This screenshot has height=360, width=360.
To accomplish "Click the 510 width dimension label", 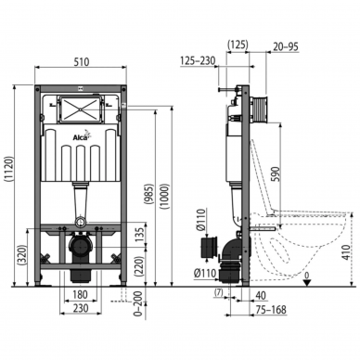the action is [x=82, y=61].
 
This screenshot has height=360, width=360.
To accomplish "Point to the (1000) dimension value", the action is [x=165, y=197].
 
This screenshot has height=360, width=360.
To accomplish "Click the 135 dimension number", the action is [x=140, y=236].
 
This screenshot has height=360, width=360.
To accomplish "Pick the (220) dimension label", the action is [x=140, y=267].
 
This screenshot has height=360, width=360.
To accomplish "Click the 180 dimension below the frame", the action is [x=80, y=294].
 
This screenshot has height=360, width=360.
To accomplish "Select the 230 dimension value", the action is [x=81, y=308].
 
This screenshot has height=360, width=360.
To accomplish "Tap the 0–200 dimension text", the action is [x=139, y=303].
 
